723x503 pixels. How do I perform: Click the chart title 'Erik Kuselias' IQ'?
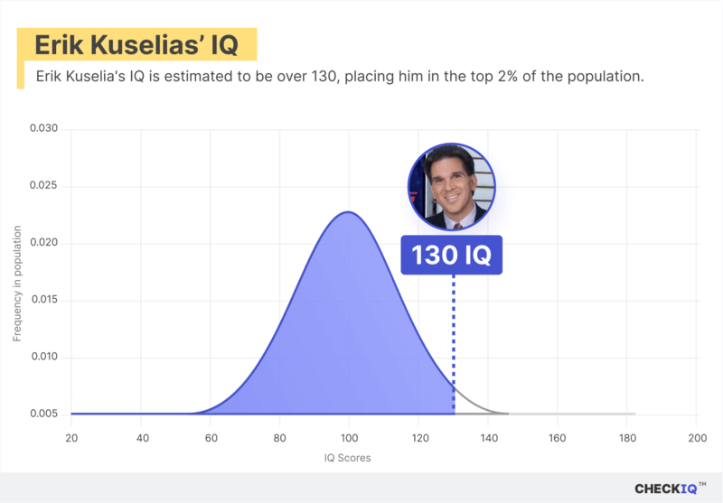(x=136, y=45)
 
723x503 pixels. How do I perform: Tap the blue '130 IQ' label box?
(x=452, y=256)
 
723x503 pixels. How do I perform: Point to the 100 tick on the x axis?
(x=349, y=438)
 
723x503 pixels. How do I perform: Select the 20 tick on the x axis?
(x=71, y=438)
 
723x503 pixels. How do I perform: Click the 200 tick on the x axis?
(x=696, y=438)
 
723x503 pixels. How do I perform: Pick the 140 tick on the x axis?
(x=488, y=438)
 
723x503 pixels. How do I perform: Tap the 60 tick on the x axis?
(x=211, y=438)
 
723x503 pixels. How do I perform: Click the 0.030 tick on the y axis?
(x=43, y=129)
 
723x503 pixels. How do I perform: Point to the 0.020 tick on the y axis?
(x=43, y=243)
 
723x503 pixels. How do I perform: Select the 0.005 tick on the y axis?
(x=43, y=414)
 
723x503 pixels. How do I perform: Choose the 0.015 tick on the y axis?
(x=43, y=300)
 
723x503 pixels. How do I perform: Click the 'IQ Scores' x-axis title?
(x=348, y=458)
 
